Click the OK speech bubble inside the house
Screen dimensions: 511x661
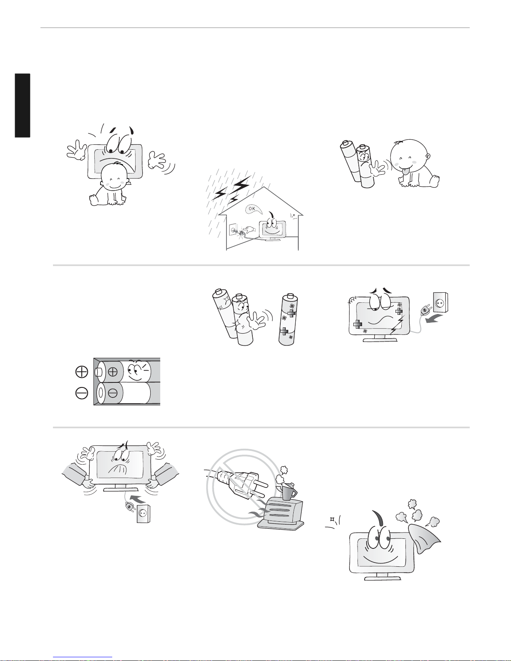click(254, 209)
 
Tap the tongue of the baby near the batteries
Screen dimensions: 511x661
click(406, 172)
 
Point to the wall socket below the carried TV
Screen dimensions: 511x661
click(143, 514)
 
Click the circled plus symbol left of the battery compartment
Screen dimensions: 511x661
click(81, 372)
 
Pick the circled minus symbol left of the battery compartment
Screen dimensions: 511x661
click(81, 393)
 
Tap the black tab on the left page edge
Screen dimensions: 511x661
click(23, 105)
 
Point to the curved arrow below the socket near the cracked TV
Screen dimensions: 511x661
click(434, 319)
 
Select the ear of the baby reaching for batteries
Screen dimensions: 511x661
click(428, 157)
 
